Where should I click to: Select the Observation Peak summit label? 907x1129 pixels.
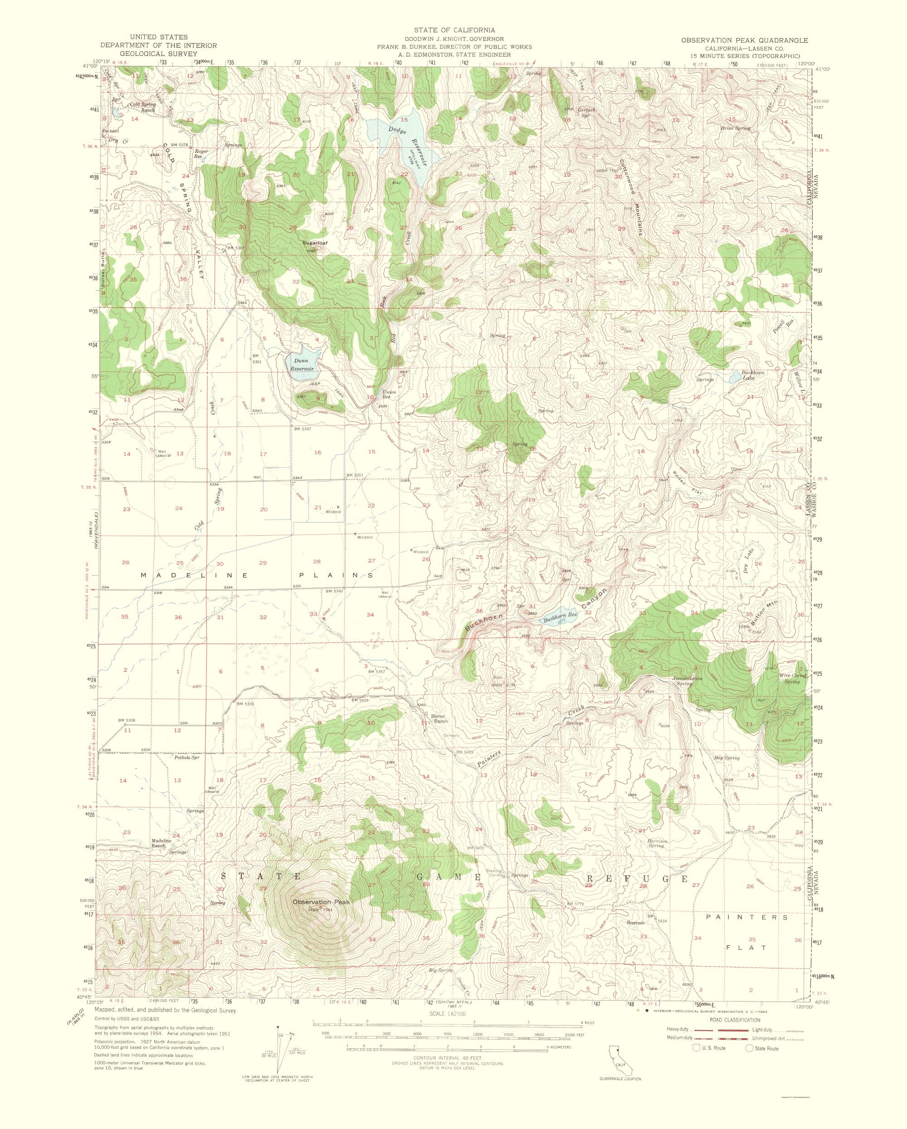point(321,902)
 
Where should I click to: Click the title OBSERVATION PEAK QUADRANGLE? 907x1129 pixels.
point(744,40)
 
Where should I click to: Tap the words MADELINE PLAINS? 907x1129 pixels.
point(258,575)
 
